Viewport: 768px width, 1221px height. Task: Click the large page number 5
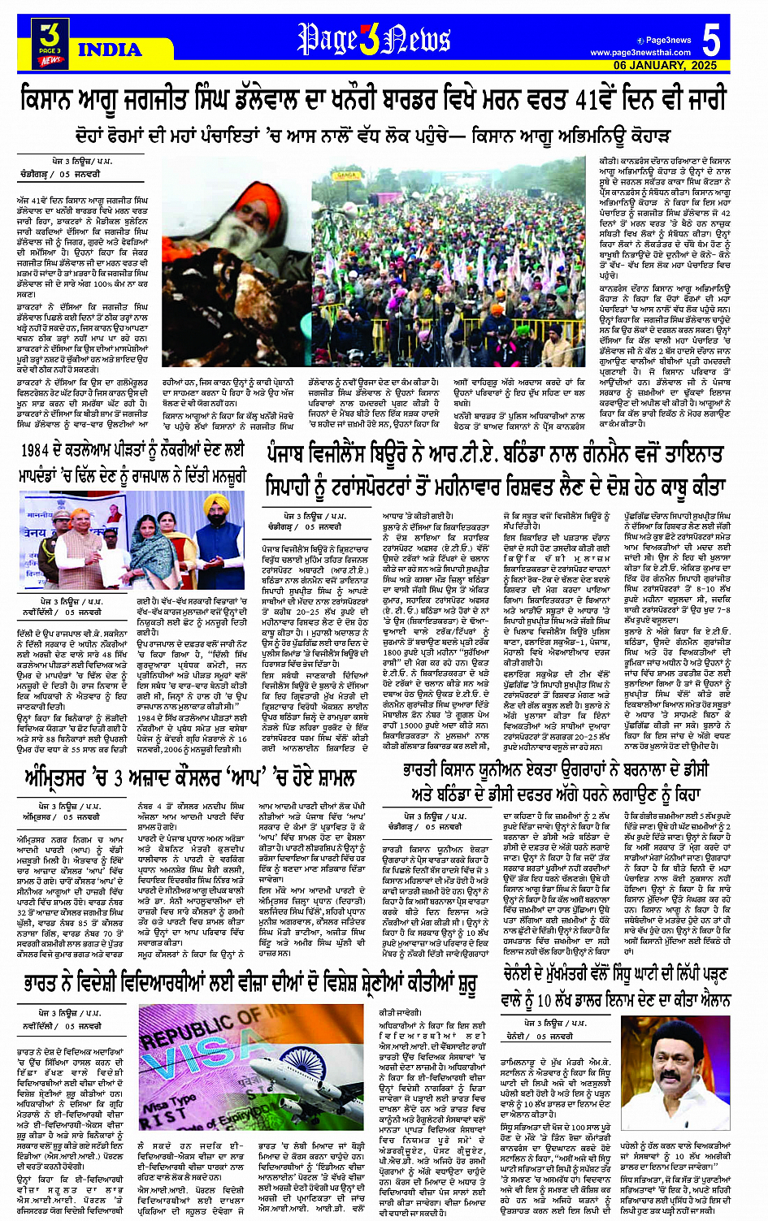coord(711,40)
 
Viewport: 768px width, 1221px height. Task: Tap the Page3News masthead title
coord(373,39)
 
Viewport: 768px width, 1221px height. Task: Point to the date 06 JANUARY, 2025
coord(666,65)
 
